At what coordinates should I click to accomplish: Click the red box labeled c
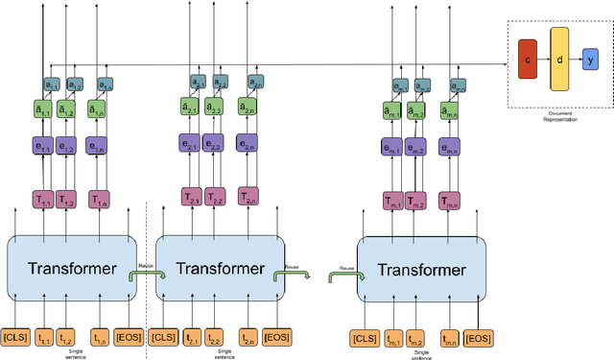(526, 60)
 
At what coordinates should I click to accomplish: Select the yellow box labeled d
(559, 60)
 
